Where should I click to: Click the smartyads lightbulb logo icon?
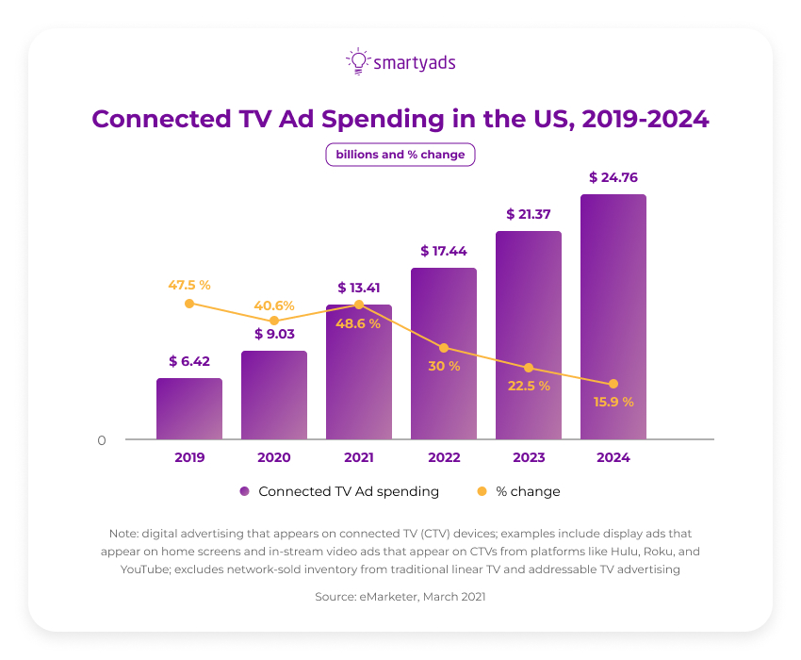358,61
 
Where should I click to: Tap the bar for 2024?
613,317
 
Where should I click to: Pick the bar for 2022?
444,354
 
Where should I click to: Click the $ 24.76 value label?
613,176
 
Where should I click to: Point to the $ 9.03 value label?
274,333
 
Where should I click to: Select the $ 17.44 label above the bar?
444,251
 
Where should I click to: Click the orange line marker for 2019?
189,304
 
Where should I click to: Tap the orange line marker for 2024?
613,384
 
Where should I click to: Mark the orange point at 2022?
444,348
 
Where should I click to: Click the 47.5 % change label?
189,284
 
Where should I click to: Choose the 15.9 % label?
613,402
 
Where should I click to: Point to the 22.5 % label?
529,386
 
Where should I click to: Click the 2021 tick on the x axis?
359,457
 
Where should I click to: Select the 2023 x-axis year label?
529,457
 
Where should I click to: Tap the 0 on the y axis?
102,440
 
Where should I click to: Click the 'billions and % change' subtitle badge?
400,155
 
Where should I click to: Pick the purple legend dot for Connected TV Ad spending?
244,491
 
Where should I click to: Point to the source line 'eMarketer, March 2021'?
400,597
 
